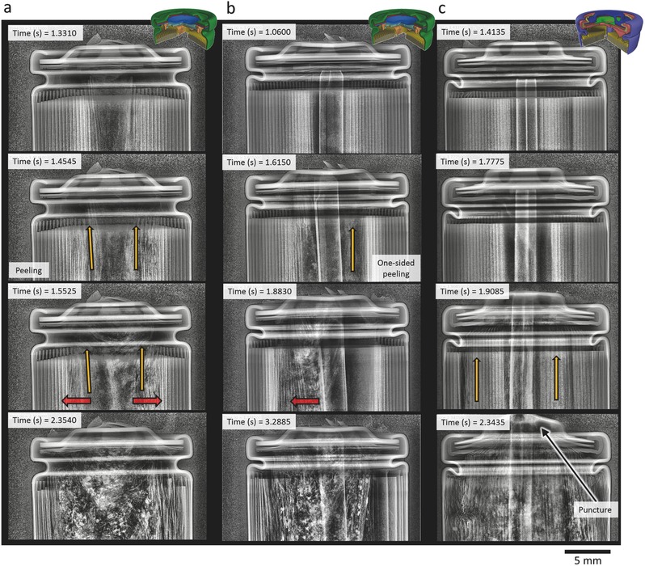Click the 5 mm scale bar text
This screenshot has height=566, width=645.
(586, 558)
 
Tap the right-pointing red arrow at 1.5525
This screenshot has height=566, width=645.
(147, 399)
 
